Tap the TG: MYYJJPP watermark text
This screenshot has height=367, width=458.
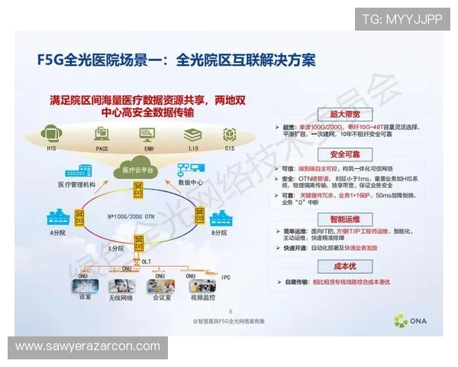402,19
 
